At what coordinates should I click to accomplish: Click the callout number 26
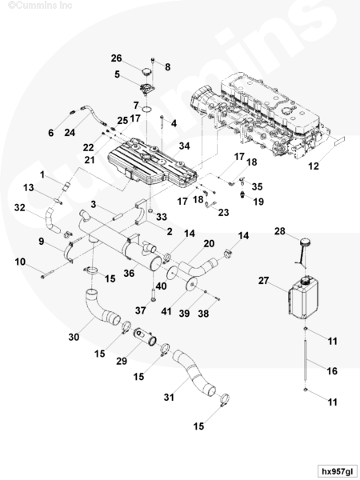click(x=116, y=58)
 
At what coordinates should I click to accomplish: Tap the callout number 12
click(x=313, y=166)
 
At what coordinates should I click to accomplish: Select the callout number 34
click(x=184, y=146)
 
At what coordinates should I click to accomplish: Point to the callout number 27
click(x=263, y=281)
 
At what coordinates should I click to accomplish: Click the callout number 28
click(x=280, y=231)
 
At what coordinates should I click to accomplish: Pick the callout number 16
click(x=332, y=371)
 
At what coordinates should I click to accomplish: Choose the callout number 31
click(x=169, y=398)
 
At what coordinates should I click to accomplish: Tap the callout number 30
click(x=74, y=337)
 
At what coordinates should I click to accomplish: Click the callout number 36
click(x=129, y=273)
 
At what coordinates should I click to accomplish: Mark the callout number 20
click(x=209, y=244)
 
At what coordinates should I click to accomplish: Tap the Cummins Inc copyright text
click(x=40, y=5)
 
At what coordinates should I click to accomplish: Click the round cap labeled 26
click(x=147, y=73)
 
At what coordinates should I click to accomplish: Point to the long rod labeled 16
click(x=306, y=361)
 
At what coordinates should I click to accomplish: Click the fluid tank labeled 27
click(x=303, y=298)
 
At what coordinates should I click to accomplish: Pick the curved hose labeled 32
click(x=51, y=222)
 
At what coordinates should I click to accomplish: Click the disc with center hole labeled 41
click(x=192, y=285)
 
